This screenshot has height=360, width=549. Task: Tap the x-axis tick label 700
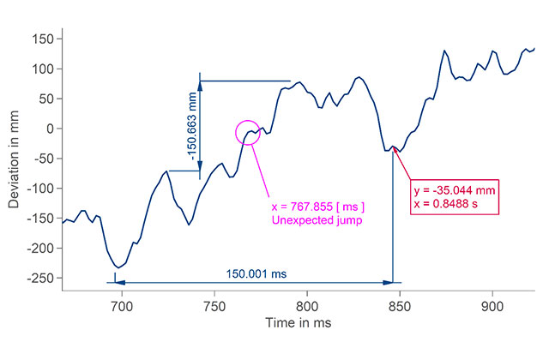click(x=122, y=305)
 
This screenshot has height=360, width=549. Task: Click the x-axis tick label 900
click(x=492, y=305)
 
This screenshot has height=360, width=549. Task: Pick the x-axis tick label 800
click(x=307, y=305)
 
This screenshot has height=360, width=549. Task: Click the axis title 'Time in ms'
click(x=298, y=324)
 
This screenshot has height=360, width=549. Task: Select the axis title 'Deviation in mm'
click(x=15, y=160)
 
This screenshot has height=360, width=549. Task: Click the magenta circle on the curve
click(x=248, y=133)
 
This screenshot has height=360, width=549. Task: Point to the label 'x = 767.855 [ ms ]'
click(x=318, y=206)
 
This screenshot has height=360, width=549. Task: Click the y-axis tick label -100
click(x=41, y=189)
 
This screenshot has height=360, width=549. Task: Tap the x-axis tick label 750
click(x=214, y=305)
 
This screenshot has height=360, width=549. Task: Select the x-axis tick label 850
click(x=400, y=305)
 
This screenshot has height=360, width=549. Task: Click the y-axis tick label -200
click(x=41, y=249)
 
